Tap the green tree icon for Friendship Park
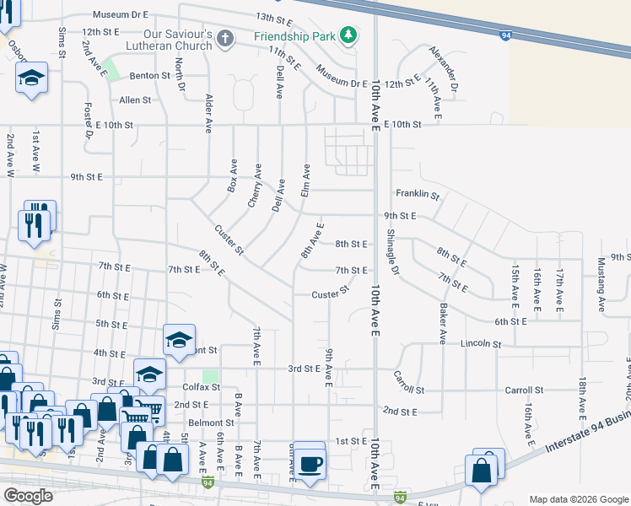click(x=348, y=35)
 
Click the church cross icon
click(x=224, y=38)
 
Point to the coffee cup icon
click(x=309, y=464)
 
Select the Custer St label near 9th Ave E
click(x=330, y=294)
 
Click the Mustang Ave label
click(x=602, y=285)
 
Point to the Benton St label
click(x=150, y=75)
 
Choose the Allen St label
click(x=135, y=100)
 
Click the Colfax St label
click(x=201, y=387)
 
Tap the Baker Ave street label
click(x=441, y=325)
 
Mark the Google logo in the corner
click(x=29, y=496)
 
